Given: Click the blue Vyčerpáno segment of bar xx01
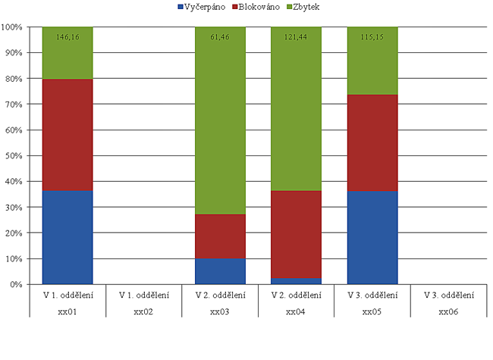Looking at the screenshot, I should point(68,237).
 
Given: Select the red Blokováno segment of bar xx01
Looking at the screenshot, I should point(68,134).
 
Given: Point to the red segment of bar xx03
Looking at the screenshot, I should point(220,236).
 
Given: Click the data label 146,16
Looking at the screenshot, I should point(68,36).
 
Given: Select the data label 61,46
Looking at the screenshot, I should point(220,36).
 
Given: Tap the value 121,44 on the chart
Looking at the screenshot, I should point(296,36).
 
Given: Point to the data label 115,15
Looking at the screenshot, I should point(372,36).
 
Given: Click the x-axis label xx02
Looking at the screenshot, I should point(143,311).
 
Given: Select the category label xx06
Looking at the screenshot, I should point(448,311).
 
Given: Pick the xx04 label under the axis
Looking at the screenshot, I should point(296,311).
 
